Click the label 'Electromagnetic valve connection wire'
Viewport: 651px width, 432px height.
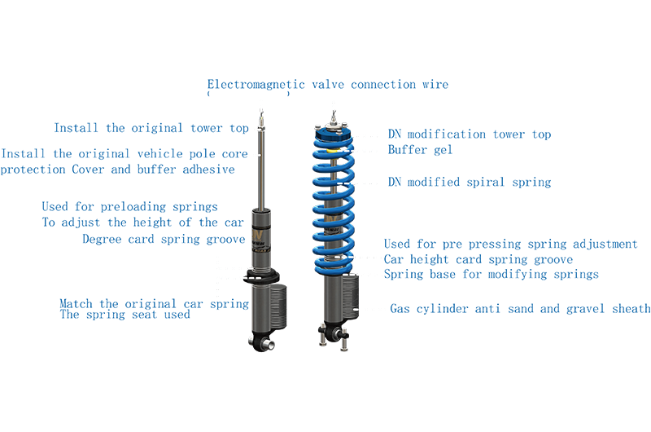coord(328,85)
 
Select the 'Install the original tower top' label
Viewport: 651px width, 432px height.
coord(151,128)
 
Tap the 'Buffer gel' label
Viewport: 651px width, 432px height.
coord(420,150)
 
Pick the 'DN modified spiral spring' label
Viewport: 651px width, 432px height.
coord(470,182)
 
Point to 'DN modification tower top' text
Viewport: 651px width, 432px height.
coord(470,134)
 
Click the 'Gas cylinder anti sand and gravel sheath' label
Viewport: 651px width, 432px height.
coord(520,308)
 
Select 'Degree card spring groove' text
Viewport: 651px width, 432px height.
coord(164,239)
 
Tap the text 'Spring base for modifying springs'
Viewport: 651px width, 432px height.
coord(492,275)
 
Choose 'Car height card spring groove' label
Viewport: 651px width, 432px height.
coord(478,259)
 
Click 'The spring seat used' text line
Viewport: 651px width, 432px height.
coord(125,315)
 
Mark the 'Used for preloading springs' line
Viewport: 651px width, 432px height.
coord(129,207)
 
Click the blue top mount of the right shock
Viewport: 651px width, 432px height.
coord(333,134)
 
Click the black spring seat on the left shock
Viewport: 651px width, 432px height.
coord(261,276)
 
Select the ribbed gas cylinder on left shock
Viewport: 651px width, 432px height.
coord(278,306)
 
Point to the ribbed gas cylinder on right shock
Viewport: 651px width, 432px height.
coord(351,297)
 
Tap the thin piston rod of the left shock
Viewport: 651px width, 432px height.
coord(261,170)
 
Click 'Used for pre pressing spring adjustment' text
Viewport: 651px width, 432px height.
coord(511,244)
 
